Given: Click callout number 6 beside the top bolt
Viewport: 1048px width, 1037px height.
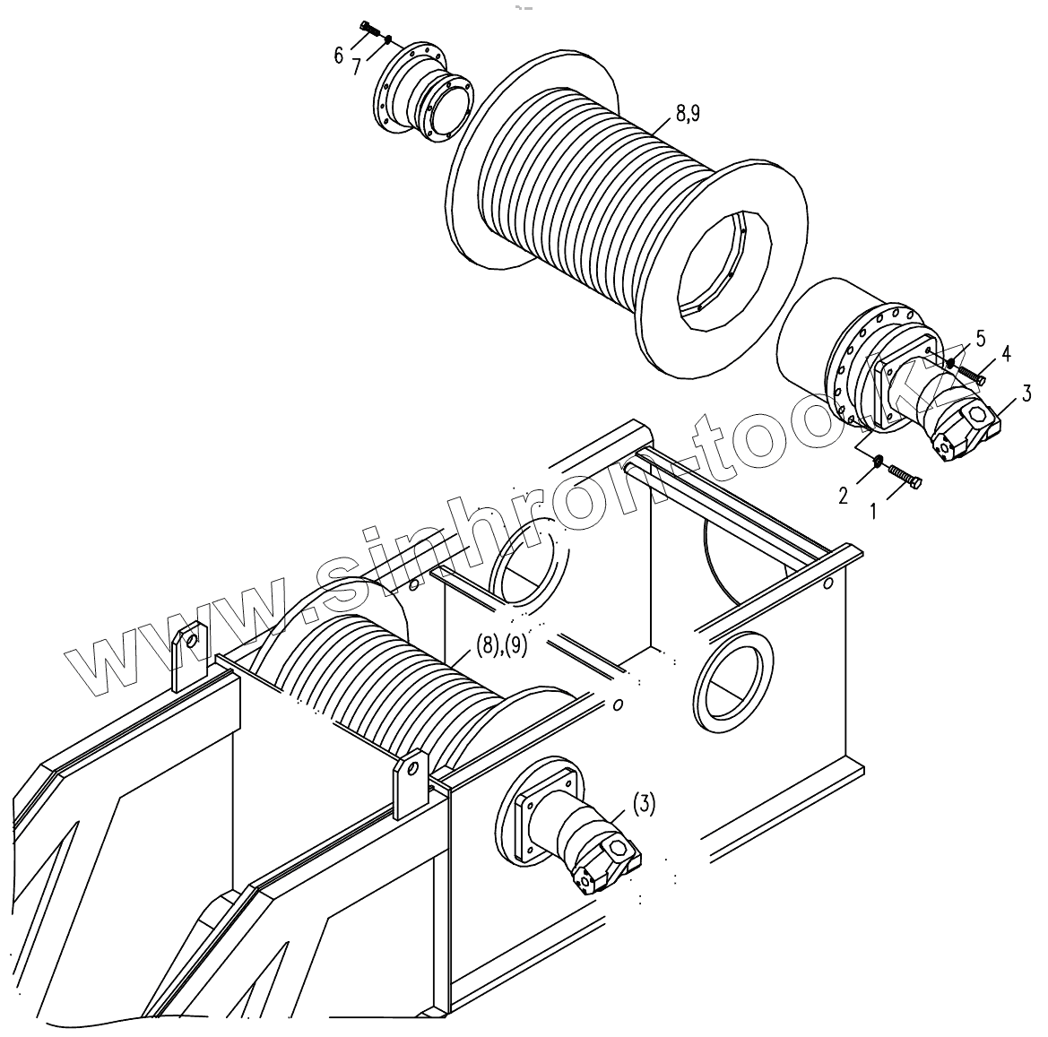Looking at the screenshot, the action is coord(338,56).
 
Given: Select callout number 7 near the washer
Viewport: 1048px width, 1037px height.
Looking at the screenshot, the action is coord(356,66).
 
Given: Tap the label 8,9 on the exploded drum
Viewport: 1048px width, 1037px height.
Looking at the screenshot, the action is coord(688,113).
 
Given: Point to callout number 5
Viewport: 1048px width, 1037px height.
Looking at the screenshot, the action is coord(981,338).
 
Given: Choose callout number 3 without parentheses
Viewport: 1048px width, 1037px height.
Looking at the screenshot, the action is coord(1026,392).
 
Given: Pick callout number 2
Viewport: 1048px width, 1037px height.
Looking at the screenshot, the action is coord(843,495).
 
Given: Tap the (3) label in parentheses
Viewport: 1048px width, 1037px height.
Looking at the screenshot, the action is coord(644,804).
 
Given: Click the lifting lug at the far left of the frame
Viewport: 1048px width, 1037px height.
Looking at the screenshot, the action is coord(189,656).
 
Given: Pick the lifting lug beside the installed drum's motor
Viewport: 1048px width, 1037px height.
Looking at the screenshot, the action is coord(411,782).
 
